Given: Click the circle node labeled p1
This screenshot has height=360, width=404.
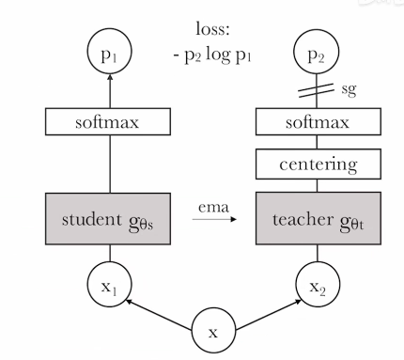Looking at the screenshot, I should click(110, 55).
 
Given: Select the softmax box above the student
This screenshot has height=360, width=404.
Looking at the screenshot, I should click(110, 122).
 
